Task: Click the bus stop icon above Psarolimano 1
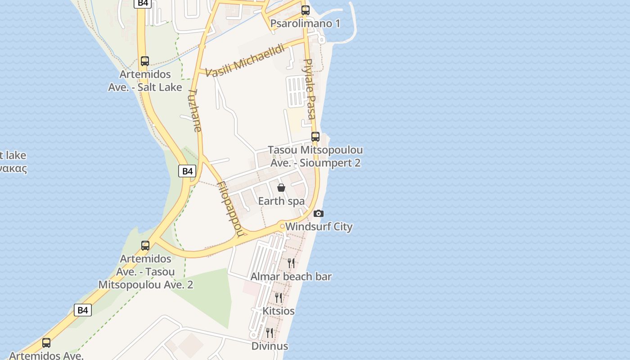(306, 10)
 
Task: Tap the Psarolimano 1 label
(305, 23)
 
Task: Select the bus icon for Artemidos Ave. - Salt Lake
(145, 61)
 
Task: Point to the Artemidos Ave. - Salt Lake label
(145, 81)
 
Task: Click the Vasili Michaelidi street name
(245, 61)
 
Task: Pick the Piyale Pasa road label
(309, 89)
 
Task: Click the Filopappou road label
(230, 208)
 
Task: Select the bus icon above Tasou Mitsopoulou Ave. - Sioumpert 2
(315, 137)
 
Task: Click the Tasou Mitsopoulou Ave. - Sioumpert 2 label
(315, 156)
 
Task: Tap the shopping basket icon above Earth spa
(281, 188)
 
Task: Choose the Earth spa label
(281, 201)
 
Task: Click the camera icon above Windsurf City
(319, 213)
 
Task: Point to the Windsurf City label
(319, 226)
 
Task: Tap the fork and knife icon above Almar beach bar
(291, 263)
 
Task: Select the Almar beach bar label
(291, 276)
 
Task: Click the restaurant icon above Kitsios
(279, 297)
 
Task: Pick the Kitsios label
(279, 311)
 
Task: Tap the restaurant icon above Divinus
(270, 333)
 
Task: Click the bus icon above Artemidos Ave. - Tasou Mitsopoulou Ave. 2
(145, 246)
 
